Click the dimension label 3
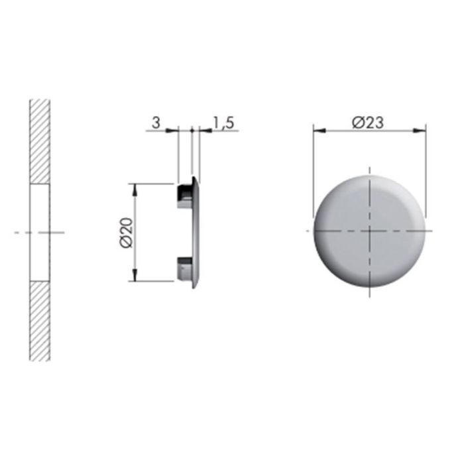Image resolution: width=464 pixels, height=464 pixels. pos(156,123)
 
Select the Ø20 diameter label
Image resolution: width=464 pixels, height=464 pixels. pos(127,232)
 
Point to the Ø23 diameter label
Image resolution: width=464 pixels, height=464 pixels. pos(369,122)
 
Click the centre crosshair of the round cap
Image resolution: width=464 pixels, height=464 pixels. pos(369,231)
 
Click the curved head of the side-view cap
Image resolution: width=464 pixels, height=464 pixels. pos(196,232)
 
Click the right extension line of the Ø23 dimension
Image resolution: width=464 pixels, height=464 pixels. pos(425,172)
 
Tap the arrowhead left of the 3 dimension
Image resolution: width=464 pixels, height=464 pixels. pos(174,131)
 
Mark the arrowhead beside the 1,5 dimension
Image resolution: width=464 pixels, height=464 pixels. pos(202,131)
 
